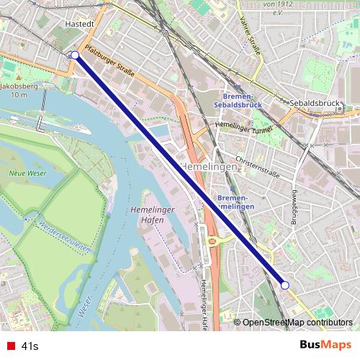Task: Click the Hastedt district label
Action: point(60,23)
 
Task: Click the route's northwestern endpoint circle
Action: point(75,55)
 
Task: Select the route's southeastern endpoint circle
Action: point(284,285)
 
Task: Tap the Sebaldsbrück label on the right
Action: point(315,103)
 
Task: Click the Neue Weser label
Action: point(24,174)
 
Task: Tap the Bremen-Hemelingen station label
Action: point(235,202)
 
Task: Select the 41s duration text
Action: point(30,346)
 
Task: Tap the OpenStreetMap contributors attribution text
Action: point(297,323)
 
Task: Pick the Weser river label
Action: point(84,306)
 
